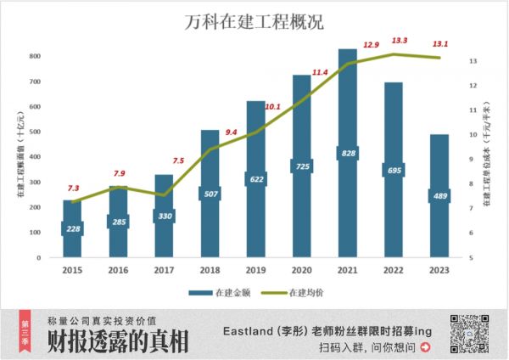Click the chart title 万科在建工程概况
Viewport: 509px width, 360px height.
click(254, 22)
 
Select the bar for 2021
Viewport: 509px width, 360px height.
click(347, 153)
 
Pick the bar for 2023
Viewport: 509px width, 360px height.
click(439, 195)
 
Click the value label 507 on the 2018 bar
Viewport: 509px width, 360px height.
click(210, 193)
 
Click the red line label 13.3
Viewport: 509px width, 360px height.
click(398, 40)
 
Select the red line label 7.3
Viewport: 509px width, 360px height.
click(74, 188)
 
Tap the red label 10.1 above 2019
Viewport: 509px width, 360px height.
click(273, 108)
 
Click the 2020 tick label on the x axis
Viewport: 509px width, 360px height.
click(301, 271)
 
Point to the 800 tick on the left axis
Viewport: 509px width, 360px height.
click(35, 56)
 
